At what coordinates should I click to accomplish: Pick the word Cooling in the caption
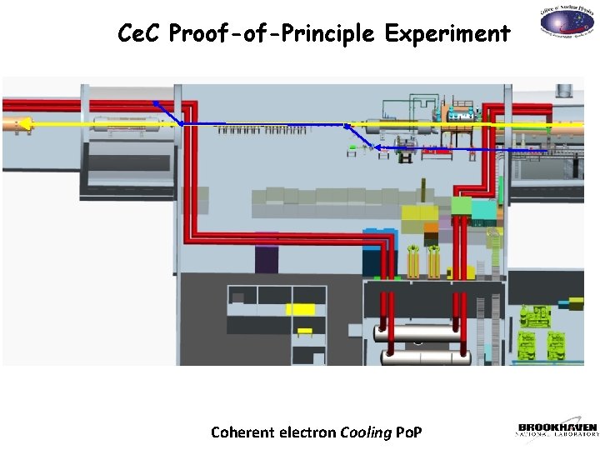point(367,432)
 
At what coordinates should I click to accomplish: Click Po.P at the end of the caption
point(407,432)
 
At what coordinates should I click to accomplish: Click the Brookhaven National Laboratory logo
point(557,429)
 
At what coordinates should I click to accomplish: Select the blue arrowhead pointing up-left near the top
point(156,103)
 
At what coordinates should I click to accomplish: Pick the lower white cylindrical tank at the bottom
point(422,357)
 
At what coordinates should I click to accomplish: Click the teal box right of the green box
point(483,210)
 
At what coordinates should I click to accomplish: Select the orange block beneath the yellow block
point(429,227)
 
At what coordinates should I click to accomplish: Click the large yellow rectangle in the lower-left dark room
point(300,309)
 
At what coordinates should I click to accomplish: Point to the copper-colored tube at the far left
point(12,125)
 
